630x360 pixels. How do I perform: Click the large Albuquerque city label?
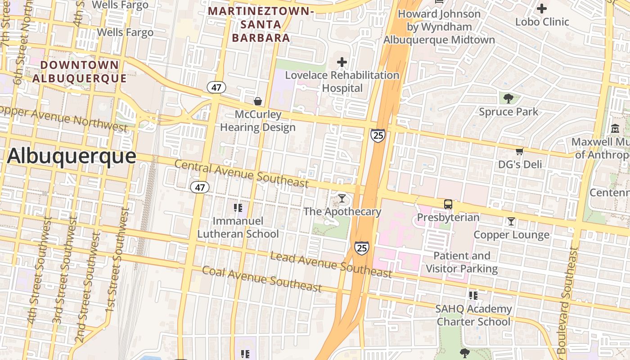(x=71, y=156)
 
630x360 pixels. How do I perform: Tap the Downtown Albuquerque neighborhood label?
(x=80, y=71)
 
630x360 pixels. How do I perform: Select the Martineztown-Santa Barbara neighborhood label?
(x=261, y=24)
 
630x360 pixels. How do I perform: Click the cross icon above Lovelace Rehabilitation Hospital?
(x=342, y=62)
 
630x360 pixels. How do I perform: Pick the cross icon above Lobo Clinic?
(x=542, y=9)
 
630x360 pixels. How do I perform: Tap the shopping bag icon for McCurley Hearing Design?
(x=258, y=101)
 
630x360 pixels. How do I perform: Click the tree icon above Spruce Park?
(x=508, y=98)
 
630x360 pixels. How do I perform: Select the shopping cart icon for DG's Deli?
(x=520, y=151)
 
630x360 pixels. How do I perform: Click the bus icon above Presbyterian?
(x=448, y=204)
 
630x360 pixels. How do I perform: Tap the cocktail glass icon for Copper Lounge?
(x=511, y=221)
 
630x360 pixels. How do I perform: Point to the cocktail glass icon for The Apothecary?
(x=342, y=198)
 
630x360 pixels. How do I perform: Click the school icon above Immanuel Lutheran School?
(x=238, y=207)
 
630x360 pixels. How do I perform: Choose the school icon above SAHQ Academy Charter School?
(x=473, y=296)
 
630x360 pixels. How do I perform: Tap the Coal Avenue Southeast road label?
(x=262, y=279)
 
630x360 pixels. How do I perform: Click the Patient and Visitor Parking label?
(x=462, y=262)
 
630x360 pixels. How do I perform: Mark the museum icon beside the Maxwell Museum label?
(x=615, y=129)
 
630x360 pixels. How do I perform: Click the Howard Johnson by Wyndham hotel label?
(x=439, y=27)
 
